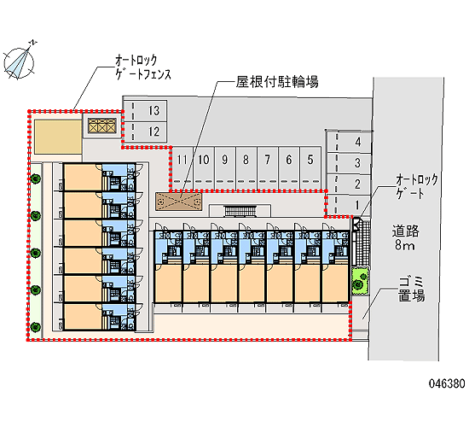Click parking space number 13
(x=145, y=110)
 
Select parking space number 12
(x=145, y=132)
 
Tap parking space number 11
(x=182, y=167)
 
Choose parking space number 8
(x=246, y=167)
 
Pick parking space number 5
(x=310, y=167)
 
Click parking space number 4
(x=349, y=142)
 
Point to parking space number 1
(x=349, y=205)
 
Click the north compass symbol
(x=19, y=61)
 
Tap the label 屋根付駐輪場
(x=277, y=81)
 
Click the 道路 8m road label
(x=405, y=237)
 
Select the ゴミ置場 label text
(x=411, y=289)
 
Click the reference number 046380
(x=447, y=383)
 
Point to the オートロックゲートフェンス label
(x=143, y=67)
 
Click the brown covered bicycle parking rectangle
(x=178, y=202)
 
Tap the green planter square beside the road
(x=360, y=281)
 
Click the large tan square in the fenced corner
(x=58, y=137)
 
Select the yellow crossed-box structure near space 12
(x=101, y=126)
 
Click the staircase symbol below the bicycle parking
(x=240, y=211)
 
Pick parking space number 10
(x=204, y=167)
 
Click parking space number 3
(x=349, y=163)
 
